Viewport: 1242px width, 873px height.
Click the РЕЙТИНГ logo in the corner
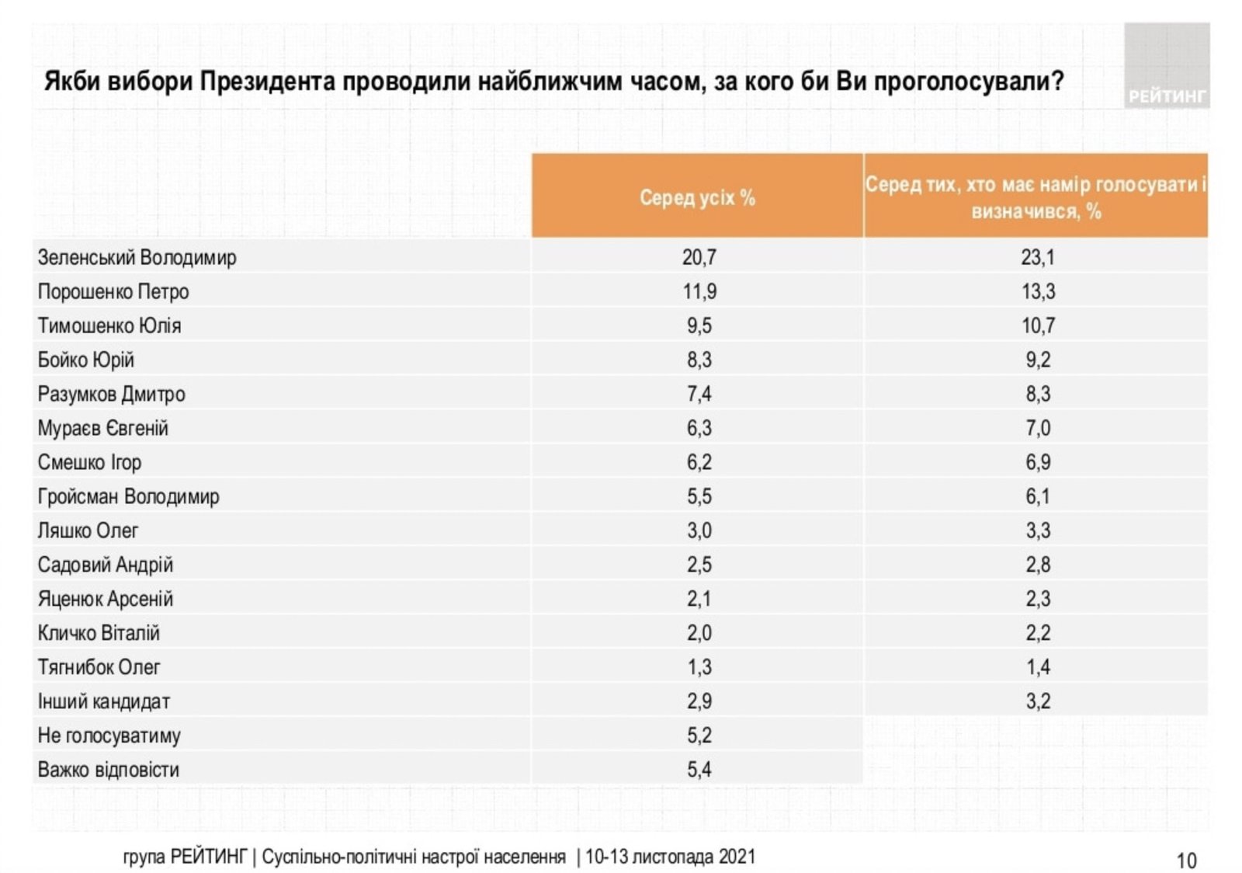[x=1166, y=66]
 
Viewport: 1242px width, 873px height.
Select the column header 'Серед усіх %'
[x=697, y=197]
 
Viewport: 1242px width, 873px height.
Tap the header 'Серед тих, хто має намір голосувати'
[x=1036, y=197]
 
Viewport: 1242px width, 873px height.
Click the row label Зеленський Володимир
[x=137, y=257]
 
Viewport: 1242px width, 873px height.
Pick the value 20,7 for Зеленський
[x=699, y=257]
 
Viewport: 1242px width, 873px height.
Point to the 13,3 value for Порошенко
[x=1038, y=291]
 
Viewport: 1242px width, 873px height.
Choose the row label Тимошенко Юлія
[x=109, y=325]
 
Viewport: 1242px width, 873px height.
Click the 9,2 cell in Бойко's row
[x=1038, y=360]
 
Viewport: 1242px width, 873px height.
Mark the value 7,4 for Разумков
[x=699, y=394]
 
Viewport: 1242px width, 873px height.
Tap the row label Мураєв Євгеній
[x=102, y=428]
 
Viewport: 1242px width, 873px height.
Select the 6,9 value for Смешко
[x=1038, y=462]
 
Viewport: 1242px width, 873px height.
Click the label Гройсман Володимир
[x=128, y=496]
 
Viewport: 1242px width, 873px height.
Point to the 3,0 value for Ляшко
[x=699, y=530]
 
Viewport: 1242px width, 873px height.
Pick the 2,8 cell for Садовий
[x=1038, y=565]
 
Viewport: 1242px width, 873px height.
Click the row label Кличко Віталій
[x=99, y=633]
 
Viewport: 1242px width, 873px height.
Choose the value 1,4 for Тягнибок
[x=1038, y=667]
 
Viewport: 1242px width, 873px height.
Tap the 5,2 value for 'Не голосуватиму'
[x=699, y=736]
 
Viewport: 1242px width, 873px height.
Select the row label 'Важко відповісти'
[x=108, y=770]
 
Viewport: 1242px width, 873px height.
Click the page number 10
[x=1186, y=861]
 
